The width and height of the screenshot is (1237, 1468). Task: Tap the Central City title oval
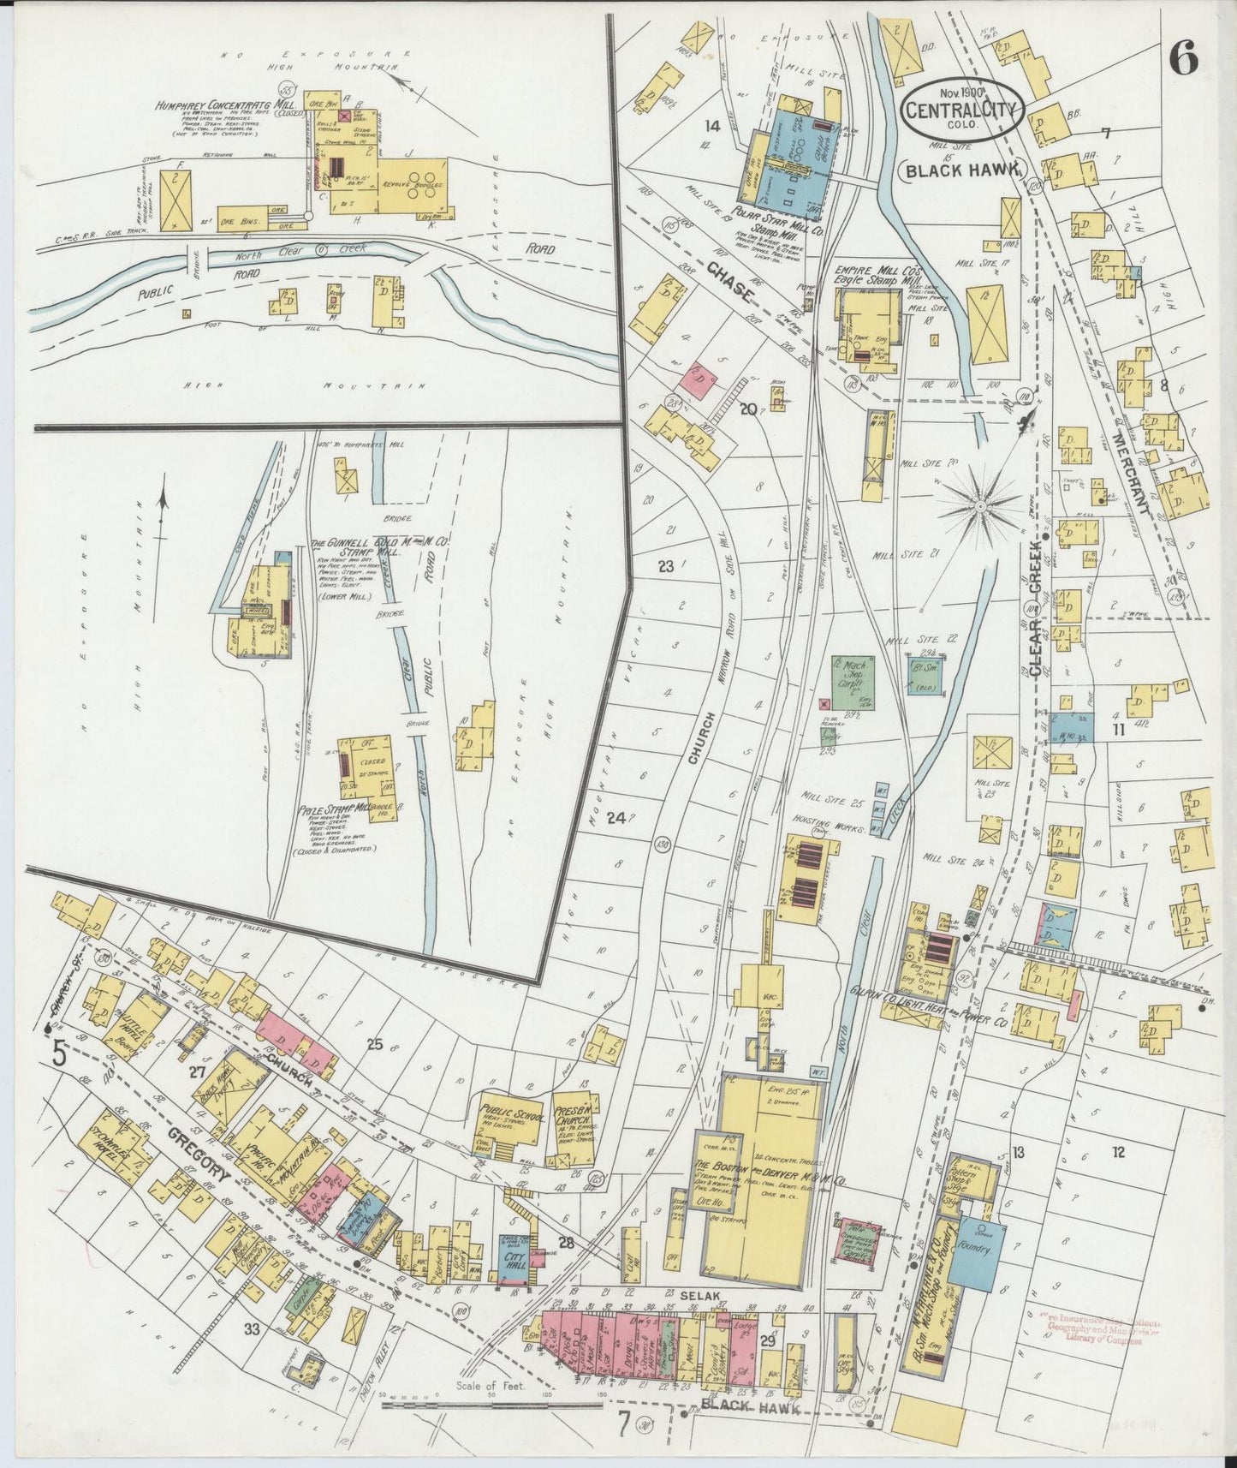[x=961, y=109]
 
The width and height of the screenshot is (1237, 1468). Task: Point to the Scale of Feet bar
[x=497, y=1401]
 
